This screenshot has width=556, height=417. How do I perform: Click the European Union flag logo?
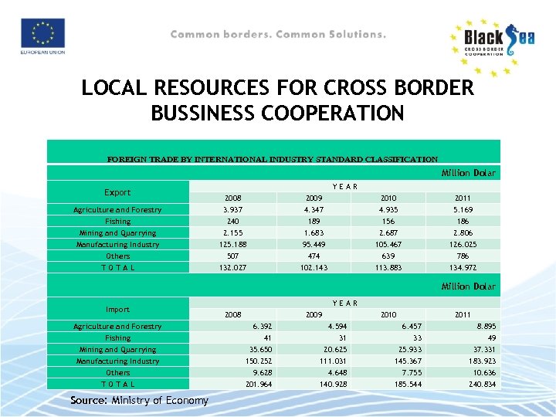(x=48, y=35)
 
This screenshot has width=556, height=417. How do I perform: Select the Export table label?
(x=117, y=192)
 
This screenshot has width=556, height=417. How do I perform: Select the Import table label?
(x=117, y=309)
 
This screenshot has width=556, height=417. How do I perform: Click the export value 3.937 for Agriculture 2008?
(x=232, y=210)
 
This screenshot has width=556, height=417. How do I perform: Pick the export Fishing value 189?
(x=313, y=221)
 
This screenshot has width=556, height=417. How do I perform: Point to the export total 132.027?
(x=232, y=268)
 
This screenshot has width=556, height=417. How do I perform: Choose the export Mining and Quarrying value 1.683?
(x=313, y=233)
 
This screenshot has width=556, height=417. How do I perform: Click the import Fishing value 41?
(x=268, y=337)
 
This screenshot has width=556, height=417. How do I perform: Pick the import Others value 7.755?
(x=407, y=372)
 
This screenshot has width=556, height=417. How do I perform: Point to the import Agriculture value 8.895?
(x=486, y=326)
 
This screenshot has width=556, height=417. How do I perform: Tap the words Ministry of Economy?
(x=161, y=400)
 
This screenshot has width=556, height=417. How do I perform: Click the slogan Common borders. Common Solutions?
(x=278, y=35)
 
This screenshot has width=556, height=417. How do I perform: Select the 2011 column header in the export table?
(x=463, y=198)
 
